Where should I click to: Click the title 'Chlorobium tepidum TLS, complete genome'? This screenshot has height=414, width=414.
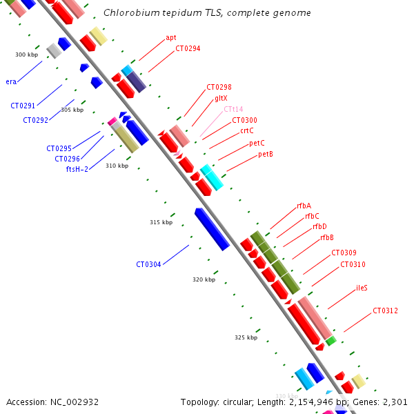pos(207,13)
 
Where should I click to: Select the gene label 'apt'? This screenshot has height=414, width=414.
pos(171,38)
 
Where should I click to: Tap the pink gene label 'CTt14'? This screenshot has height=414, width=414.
pos(233,109)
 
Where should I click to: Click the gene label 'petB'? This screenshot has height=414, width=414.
pos(266,154)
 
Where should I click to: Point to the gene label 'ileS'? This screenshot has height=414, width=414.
pos(362,288)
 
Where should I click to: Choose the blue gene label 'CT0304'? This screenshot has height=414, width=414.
pos(148,264)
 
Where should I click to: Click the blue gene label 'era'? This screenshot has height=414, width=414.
pos(11,81)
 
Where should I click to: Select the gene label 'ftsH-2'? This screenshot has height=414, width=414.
pos(77,169)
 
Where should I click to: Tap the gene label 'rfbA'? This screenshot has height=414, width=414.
pos(304,206)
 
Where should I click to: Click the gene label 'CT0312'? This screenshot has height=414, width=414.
pos(385,311)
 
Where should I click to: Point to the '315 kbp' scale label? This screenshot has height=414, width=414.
pos(161,222)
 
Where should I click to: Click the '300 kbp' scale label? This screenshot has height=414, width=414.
pos(26,55)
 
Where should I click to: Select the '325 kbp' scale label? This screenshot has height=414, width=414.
pos(246,337)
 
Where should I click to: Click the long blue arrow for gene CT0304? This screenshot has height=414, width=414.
pos(212,229)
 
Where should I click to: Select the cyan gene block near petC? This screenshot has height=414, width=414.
pos(212,177)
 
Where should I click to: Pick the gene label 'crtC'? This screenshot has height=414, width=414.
pos(247,131)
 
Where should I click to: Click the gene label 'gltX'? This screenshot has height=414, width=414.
pos(221,99)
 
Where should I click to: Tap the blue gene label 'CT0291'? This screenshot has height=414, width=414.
pos(23,106)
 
